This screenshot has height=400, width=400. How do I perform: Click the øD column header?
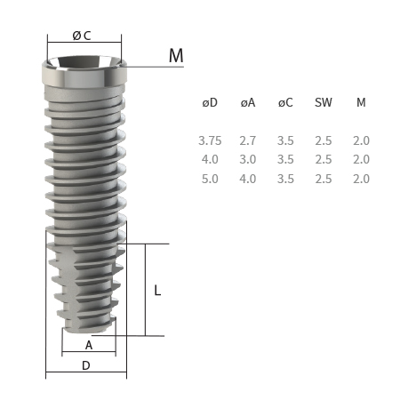[210, 102]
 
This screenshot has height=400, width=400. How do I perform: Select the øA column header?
[248, 102]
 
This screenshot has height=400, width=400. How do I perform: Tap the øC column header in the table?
[285, 102]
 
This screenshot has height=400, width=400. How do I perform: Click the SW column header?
[324, 102]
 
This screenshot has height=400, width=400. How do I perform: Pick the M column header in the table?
[361, 102]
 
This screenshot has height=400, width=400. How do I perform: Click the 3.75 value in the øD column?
[210, 140]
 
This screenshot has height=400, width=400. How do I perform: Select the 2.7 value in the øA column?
[248, 140]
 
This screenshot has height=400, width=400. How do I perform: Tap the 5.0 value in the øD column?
[210, 179]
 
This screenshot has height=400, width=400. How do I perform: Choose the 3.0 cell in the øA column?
[248, 159]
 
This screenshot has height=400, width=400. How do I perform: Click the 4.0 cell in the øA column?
[248, 179]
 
